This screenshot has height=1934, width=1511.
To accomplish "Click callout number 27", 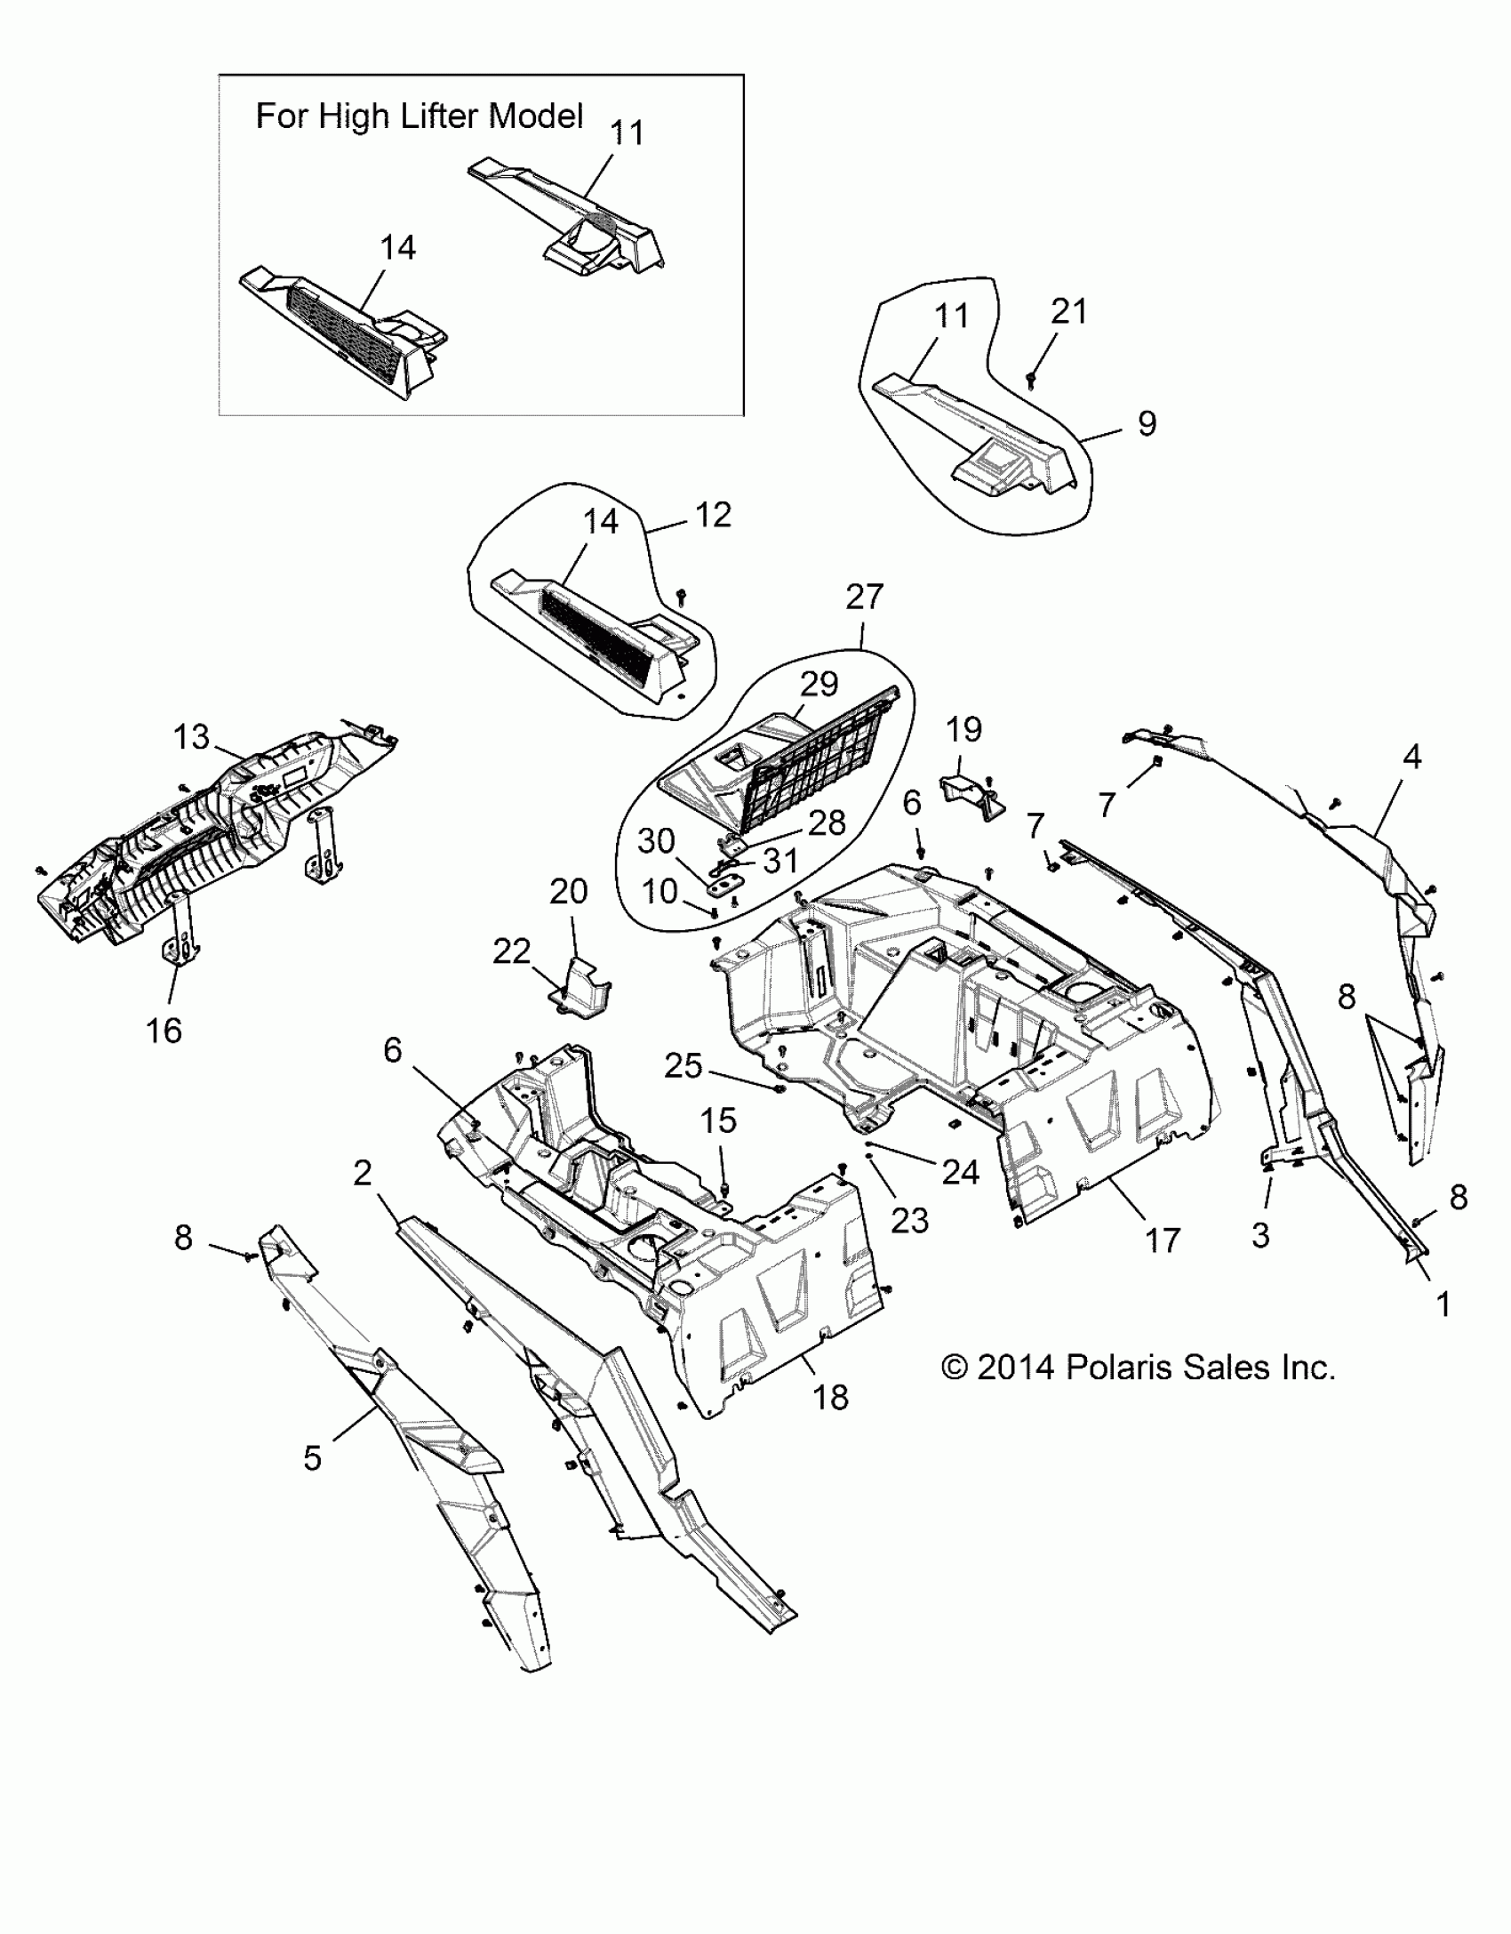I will click(x=864, y=597).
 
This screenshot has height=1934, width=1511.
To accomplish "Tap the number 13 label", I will click(x=191, y=737).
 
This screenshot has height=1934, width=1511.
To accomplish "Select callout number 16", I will click(x=164, y=1031).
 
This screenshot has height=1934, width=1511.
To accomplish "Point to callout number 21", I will click(x=1069, y=312).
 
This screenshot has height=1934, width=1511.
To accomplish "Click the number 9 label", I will click(x=1147, y=423).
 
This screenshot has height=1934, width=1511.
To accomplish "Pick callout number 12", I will click(x=714, y=515).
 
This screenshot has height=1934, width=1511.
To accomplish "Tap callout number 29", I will click(x=819, y=684).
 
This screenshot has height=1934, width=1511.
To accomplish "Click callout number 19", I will click(x=964, y=729).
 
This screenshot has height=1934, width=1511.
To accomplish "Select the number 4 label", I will click(x=1411, y=757).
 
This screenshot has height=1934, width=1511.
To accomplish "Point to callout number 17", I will click(x=1163, y=1240).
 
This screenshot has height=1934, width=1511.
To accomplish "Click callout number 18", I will click(x=831, y=1397).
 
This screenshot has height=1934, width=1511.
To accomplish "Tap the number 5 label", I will click(x=312, y=1458).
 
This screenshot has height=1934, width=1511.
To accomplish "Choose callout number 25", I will click(x=684, y=1065).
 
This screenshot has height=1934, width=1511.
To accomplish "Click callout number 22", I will click(x=511, y=952).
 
